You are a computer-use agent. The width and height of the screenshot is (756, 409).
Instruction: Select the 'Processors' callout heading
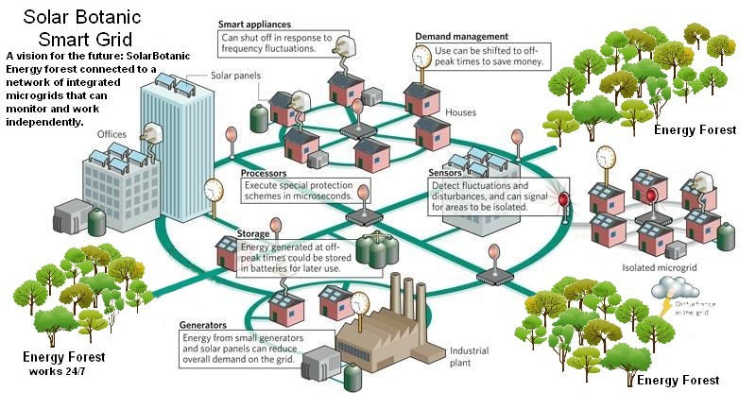[x=264, y=174]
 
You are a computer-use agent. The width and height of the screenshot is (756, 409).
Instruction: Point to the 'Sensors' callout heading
[x=446, y=174]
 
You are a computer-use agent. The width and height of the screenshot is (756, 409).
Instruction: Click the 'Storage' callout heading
[x=256, y=232]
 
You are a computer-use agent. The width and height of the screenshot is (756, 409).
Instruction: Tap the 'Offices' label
[x=112, y=134]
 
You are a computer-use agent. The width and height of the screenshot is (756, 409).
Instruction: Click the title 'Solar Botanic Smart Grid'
[x=76, y=28]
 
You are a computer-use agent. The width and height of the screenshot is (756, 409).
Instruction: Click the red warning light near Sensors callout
[x=564, y=200]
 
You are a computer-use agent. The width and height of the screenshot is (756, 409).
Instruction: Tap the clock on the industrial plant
[x=359, y=303]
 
